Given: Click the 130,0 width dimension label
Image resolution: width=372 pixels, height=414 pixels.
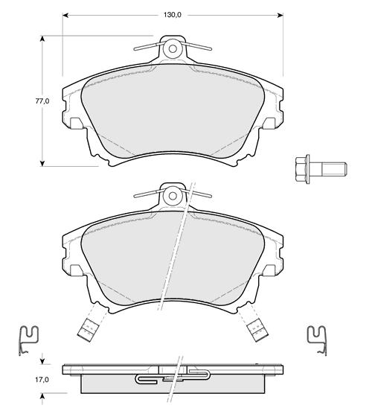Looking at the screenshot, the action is [173, 15].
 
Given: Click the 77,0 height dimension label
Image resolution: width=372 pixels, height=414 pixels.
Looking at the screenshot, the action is [42, 101].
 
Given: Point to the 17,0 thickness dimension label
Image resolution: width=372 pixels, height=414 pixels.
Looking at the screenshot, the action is [42, 380].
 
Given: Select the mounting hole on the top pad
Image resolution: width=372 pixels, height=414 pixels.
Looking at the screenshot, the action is [173, 49].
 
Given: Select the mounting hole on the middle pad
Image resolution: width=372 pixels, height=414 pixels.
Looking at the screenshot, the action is [173, 196].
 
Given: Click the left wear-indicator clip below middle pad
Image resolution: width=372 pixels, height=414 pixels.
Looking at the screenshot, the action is [87, 330].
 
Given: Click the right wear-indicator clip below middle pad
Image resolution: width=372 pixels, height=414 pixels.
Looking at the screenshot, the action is [258, 330].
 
